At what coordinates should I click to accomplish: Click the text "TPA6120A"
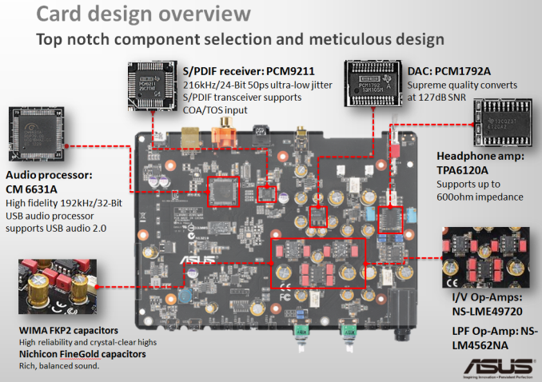point(467,171)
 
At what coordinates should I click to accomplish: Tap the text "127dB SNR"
point(440,97)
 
